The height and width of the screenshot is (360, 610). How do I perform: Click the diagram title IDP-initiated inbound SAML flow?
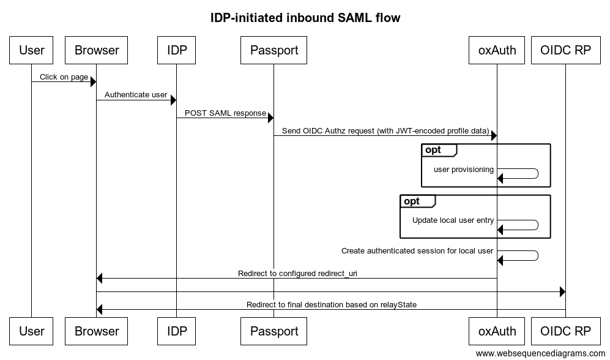[x=305, y=18]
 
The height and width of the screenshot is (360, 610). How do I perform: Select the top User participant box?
[x=32, y=50]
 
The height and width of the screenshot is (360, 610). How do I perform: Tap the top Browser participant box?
[x=97, y=50]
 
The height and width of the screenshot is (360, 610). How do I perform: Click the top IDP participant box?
[x=176, y=50]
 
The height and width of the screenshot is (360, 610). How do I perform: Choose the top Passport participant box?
[x=273, y=50]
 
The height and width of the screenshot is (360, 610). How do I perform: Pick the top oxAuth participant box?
[x=497, y=50]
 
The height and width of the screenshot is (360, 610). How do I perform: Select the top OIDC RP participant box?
[x=566, y=50]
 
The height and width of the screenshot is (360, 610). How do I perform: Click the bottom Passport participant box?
[x=273, y=331]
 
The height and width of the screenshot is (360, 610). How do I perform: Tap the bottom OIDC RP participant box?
[x=566, y=331]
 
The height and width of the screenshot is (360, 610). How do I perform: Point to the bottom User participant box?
[x=32, y=331]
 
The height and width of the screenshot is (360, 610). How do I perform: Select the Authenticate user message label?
[x=136, y=95]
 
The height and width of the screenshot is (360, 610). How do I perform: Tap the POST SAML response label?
[x=225, y=113]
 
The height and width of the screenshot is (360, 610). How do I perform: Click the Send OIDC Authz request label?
[x=385, y=131]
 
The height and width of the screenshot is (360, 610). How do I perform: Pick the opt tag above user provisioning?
[x=433, y=150]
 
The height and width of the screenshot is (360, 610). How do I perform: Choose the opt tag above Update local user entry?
[x=412, y=201]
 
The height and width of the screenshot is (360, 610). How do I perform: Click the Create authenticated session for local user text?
[x=417, y=250]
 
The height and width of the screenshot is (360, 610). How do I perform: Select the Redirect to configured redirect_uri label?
[x=297, y=274]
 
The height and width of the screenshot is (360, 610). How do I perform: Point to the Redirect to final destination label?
[x=332, y=304]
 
